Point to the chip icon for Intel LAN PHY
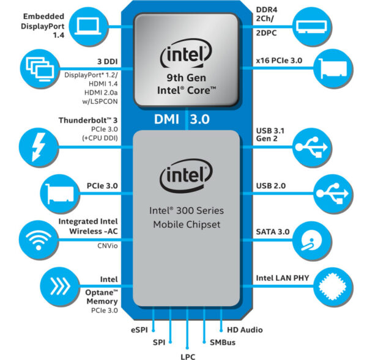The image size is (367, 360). point(335,285)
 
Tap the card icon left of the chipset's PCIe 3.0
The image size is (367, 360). point(59,193)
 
